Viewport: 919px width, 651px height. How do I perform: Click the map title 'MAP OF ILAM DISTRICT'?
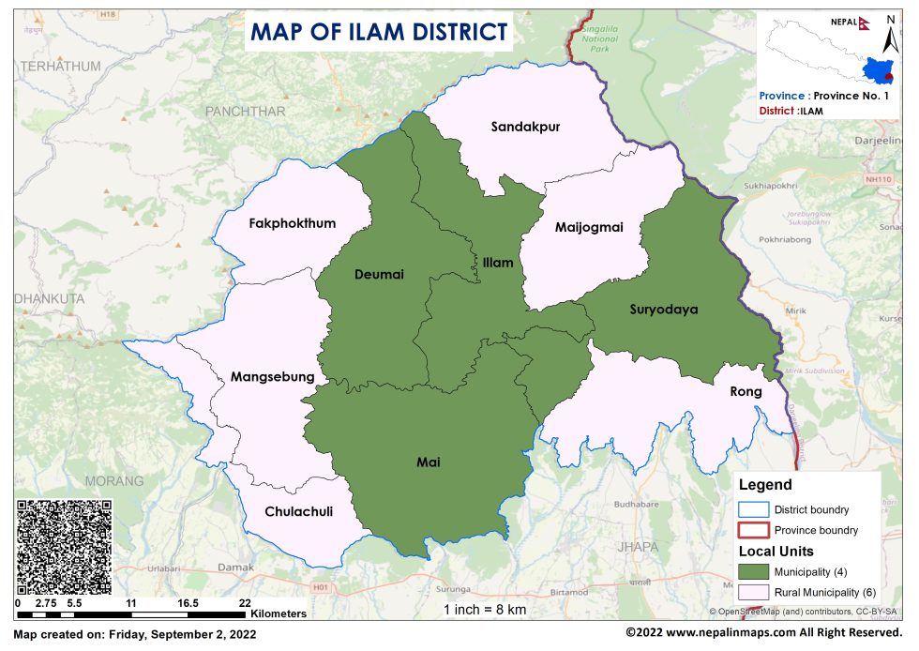tap(378, 31)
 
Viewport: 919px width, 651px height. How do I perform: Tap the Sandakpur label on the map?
tap(525, 127)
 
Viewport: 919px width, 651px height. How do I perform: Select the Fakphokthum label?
tap(292, 223)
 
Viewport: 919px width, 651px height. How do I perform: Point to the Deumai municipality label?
tap(379, 274)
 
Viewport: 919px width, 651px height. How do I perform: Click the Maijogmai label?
tap(588, 227)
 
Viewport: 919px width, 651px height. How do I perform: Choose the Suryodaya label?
tap(664, 309)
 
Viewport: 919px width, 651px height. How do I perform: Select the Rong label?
tap(745, 393)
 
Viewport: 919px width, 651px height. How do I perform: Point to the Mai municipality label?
tap(428, 462)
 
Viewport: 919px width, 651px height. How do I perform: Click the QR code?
tap(64, 546)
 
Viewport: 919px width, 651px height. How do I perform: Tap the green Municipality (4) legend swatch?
tap(753, 571)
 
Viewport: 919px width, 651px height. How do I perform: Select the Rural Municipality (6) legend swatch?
tap(753, 592)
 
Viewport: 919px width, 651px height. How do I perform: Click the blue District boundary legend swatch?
tap(753, 510)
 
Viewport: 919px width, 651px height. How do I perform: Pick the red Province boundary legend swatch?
tap(753, 530)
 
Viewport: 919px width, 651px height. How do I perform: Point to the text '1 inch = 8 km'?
tap(486, 610)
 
